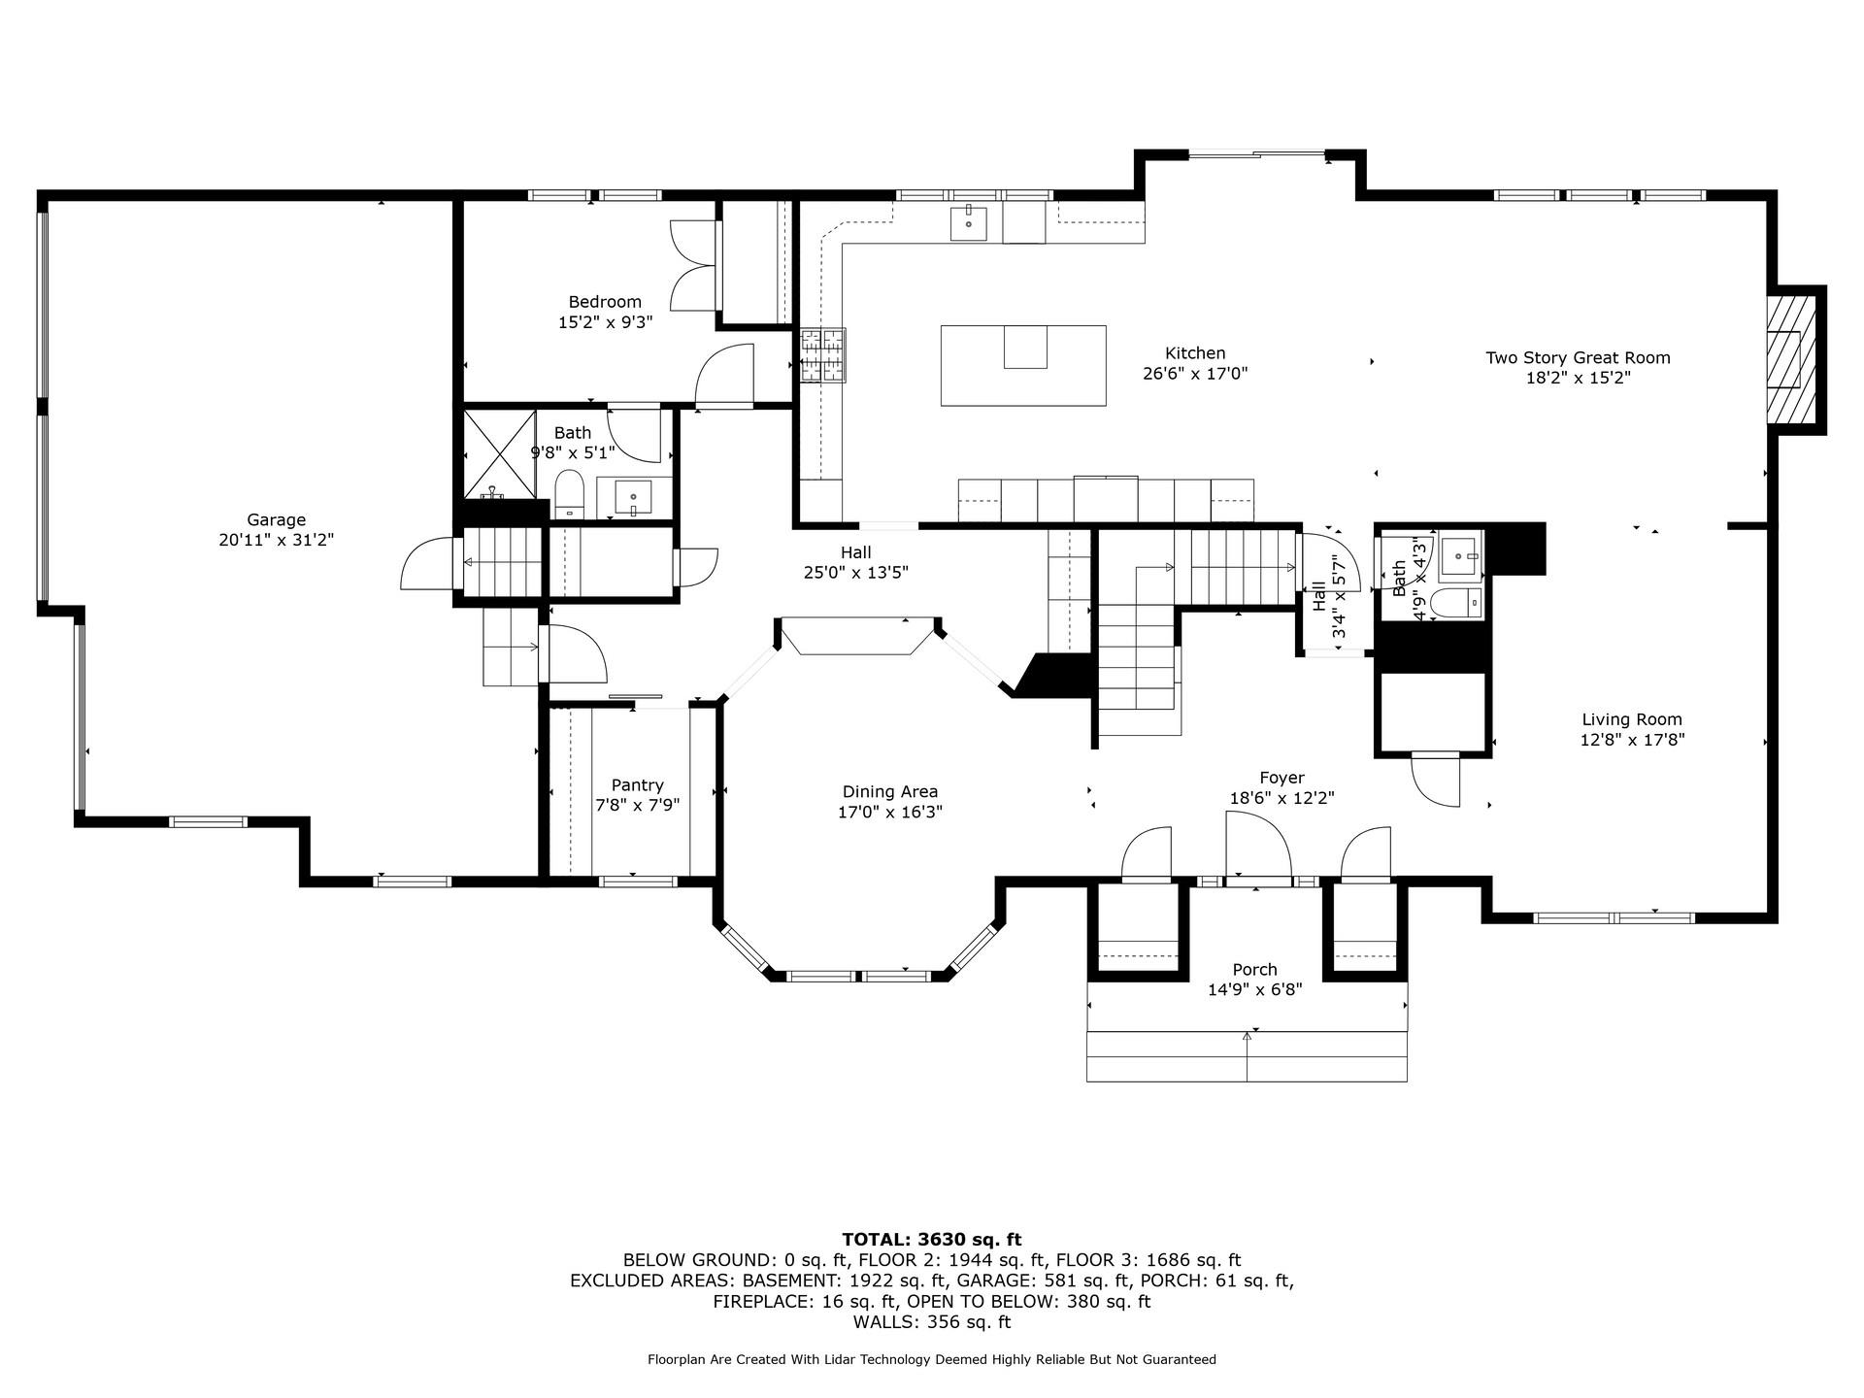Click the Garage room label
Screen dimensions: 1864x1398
[x=277, y=520]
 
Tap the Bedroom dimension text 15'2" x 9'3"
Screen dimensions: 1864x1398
[x=605, y=322]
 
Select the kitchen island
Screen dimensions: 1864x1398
[x=1023, y=365]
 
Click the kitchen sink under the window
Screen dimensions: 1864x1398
[x=968, y=222]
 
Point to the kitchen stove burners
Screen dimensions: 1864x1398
[x=822, y=355]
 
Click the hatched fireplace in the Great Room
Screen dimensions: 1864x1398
[x=1791, y=360]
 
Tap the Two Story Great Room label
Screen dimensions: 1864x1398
[x=1578, y=357]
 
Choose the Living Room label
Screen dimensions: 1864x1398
[x=1632, y=719]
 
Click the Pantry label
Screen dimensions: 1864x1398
[x=638, y=785]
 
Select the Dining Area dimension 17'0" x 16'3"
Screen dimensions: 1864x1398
[x=890, y=812]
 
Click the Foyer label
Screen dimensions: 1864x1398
[x=1281, y=778]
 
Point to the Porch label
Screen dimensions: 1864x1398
[x=1254, y=970]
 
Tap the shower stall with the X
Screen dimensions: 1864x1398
[x=500, y=454]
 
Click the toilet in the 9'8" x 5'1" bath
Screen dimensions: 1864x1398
[x=568, y=493]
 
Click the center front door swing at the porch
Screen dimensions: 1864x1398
[x=1258, y=846]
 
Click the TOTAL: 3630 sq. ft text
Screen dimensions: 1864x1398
[x=932, y=1239]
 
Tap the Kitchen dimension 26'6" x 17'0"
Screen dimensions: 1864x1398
[x=1195, y=373]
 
